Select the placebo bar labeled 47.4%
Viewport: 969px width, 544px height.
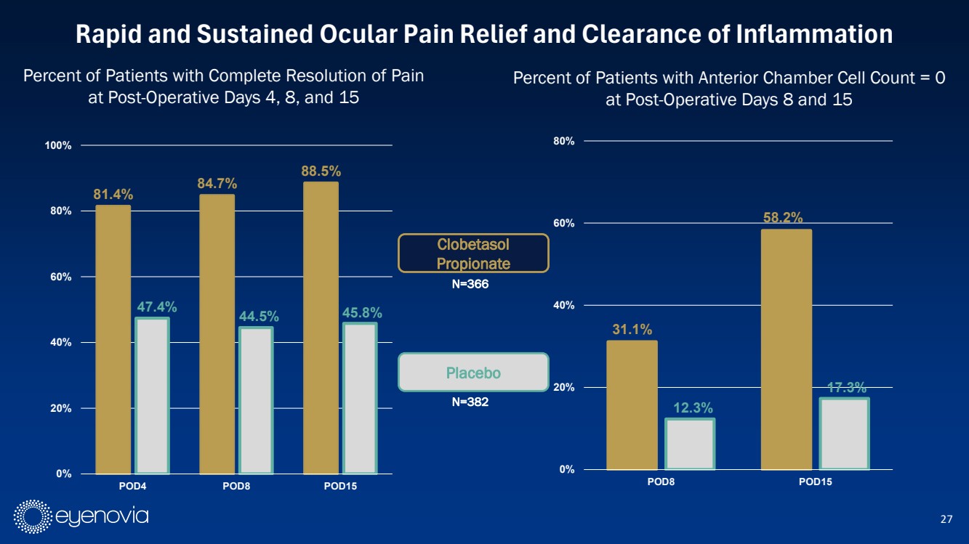click(x=152, y=396)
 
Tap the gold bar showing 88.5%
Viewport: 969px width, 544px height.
click(x=321, y=328)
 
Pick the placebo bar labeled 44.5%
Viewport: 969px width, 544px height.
click(x=256, y=400)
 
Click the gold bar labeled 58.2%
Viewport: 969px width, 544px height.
click(x=786, y=349)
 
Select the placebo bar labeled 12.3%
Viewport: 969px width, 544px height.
click(x=690, y=444)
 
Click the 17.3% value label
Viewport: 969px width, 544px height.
click(x=845, y=388)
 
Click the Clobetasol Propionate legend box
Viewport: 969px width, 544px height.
click(x=473, y=253)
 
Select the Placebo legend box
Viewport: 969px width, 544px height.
click(x=473, y=373)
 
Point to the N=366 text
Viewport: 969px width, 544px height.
click(x=473, y=284)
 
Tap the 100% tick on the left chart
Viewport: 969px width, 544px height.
click(x=57, y=146)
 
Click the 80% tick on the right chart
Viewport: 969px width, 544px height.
click(x=564, y=141)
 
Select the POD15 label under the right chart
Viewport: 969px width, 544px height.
click(x=815, y=482)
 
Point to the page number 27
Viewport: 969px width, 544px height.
click(x=946, y=519)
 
